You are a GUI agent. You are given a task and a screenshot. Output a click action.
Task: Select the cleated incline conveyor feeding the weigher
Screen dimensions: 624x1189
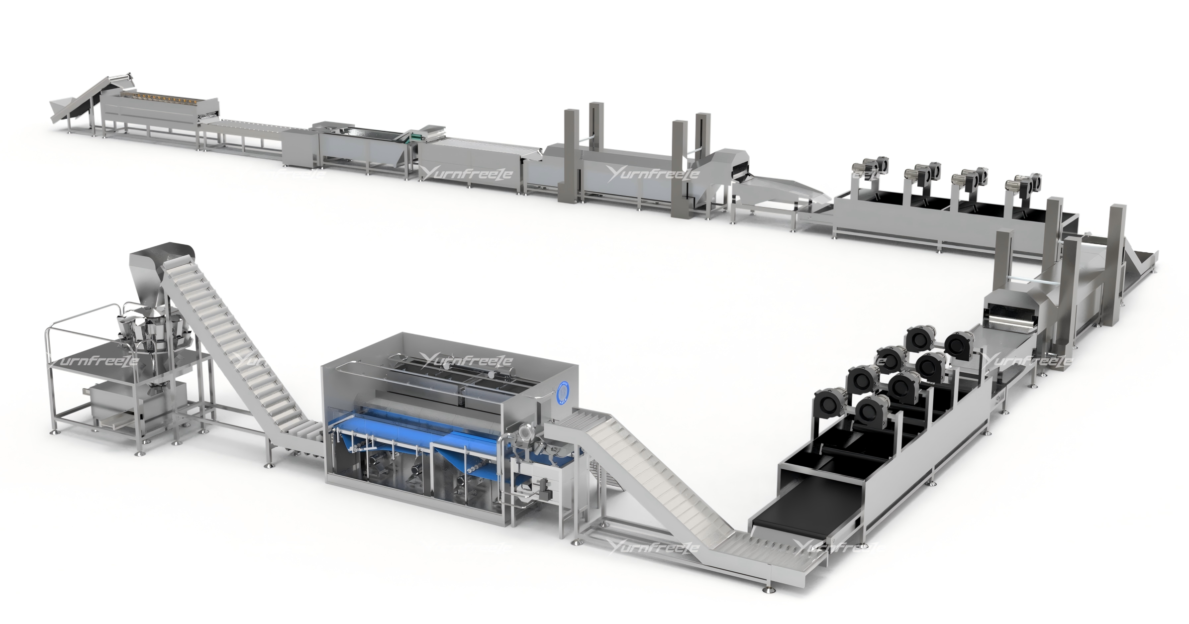(239, 358)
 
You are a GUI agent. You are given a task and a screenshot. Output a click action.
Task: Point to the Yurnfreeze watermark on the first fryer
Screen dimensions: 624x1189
(652, 174)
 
